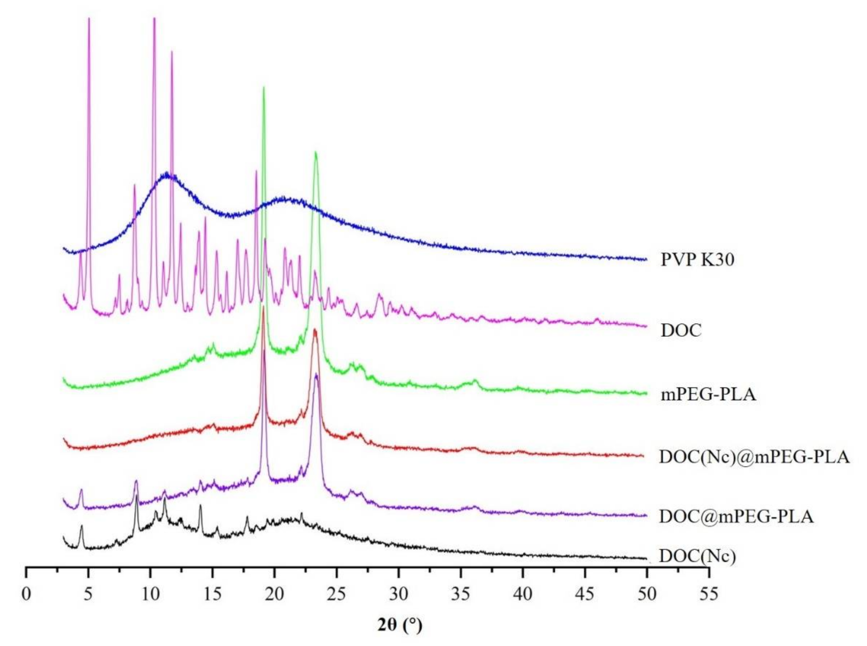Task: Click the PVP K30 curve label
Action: (x=697, y=260)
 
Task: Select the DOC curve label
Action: (x=681, y=330)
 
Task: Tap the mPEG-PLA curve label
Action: (x=708, y=395)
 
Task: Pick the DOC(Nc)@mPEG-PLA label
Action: (x=754, y=457)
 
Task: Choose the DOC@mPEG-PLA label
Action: (x=736, y=516)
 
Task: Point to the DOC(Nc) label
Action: (x=697, y=556)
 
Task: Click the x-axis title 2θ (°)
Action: (x=400, y=625)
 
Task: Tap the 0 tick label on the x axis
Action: (x=26, y=594)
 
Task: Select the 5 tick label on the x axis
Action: (x=88, y=594)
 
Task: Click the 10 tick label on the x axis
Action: (x=150, y=594)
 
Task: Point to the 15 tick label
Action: (x=212, y=594)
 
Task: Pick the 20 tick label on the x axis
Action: (x=274, y=594)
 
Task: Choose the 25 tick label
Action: (x=337, y=594)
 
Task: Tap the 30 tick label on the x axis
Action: (x=398, y=594)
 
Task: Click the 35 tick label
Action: (x=461, y=594)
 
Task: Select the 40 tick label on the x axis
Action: (x=523, y=594)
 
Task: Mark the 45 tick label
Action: (x=585, y=594)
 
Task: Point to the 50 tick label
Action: (x=647, y=594)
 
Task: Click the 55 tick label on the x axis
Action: (x=709, y=594)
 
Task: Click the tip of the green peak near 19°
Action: (x=263, y=88)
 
